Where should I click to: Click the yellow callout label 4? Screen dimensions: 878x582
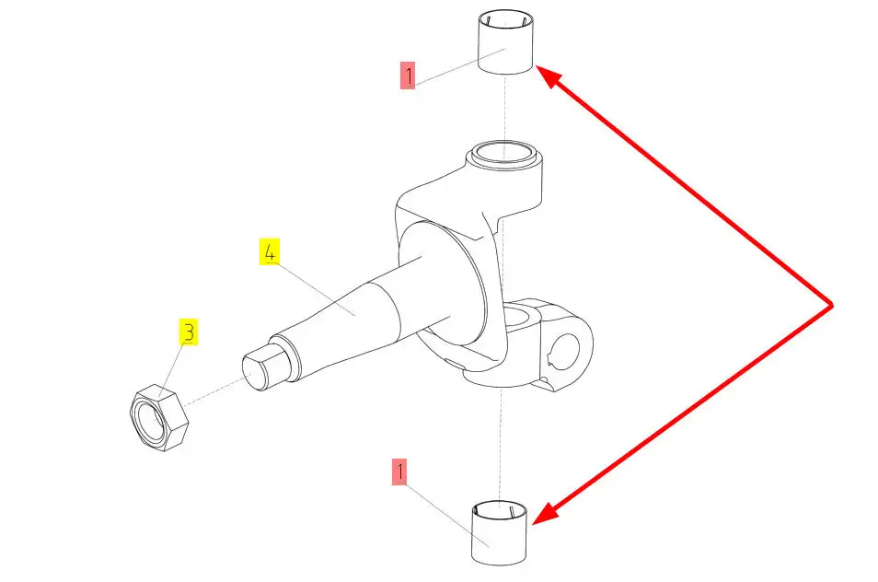[269, 251]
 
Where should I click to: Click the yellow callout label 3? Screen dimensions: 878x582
[188, 332]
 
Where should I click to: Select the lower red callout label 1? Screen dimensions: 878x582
[399, 472]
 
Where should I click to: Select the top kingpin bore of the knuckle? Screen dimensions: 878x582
[503, 151]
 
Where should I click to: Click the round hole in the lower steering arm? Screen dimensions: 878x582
[567, 347]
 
